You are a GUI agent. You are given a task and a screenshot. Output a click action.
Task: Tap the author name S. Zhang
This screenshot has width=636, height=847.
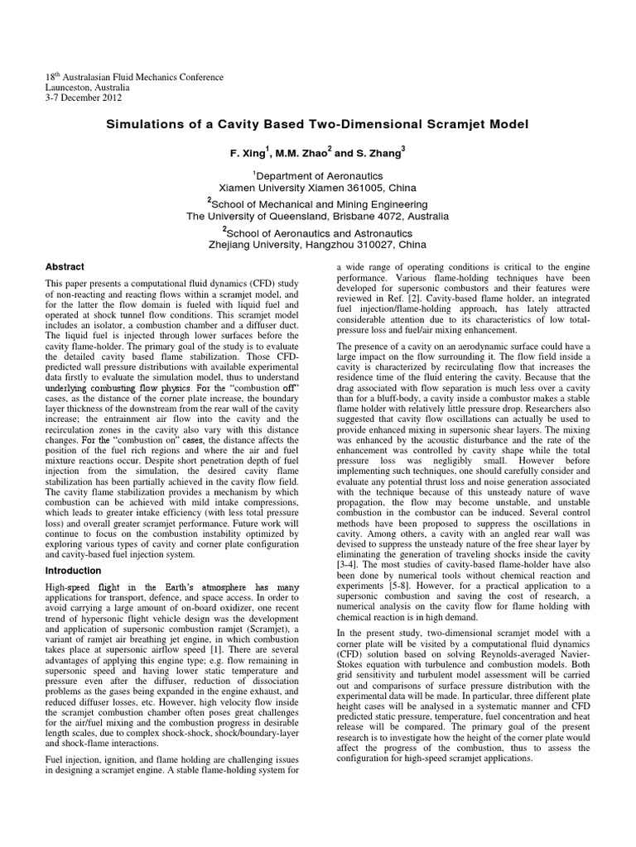[x=382, y=154]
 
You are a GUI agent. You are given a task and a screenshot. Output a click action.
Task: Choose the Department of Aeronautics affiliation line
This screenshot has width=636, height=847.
[x=320, y=175]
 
